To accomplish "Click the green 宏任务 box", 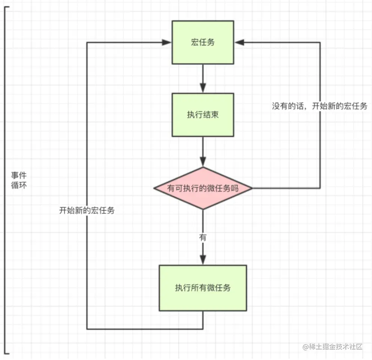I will (203, 42).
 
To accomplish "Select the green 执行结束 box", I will (203, 115).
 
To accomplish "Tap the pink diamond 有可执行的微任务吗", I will (203, 188).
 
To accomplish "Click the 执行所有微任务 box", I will (203, 288).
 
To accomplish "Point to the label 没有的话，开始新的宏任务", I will (319, 106).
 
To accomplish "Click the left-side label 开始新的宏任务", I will (87, 210).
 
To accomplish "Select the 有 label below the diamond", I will (203, 237).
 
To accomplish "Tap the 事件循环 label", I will (19, 181).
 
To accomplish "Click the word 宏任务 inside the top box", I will (203, 42).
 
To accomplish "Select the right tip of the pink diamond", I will (252, 188).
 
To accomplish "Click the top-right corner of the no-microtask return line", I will (320, 43).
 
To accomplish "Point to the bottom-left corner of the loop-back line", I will (87, 329).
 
